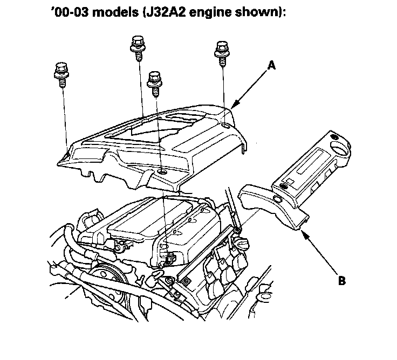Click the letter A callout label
[272, 66]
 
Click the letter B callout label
[342, 281]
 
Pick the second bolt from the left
[136, 46]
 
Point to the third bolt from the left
[155, 81]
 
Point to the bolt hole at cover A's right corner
[224, 126]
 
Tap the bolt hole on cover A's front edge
[161, 172]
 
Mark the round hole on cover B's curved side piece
[277, 200]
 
